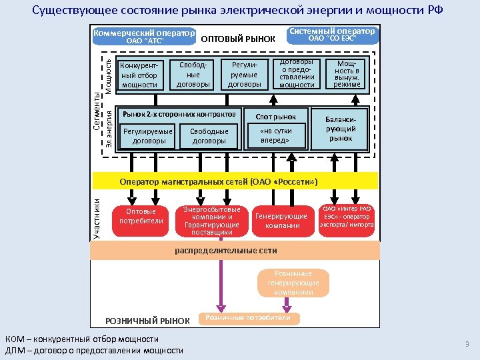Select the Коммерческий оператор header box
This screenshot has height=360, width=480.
(x=145, y=37)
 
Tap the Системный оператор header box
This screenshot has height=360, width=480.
(x=332, y=35)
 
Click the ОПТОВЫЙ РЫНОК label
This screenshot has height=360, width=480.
(x=238, y=39)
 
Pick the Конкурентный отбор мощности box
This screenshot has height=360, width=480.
(x=139, y=75)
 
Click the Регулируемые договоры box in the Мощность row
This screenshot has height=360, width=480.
(x=244, y=75)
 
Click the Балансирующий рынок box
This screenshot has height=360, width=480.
(x=341, y=129)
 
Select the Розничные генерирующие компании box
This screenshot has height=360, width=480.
(x=289, y=283)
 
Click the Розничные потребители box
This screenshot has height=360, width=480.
(x=247, y=318)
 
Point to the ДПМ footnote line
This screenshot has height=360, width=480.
(x=93, y=351)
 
